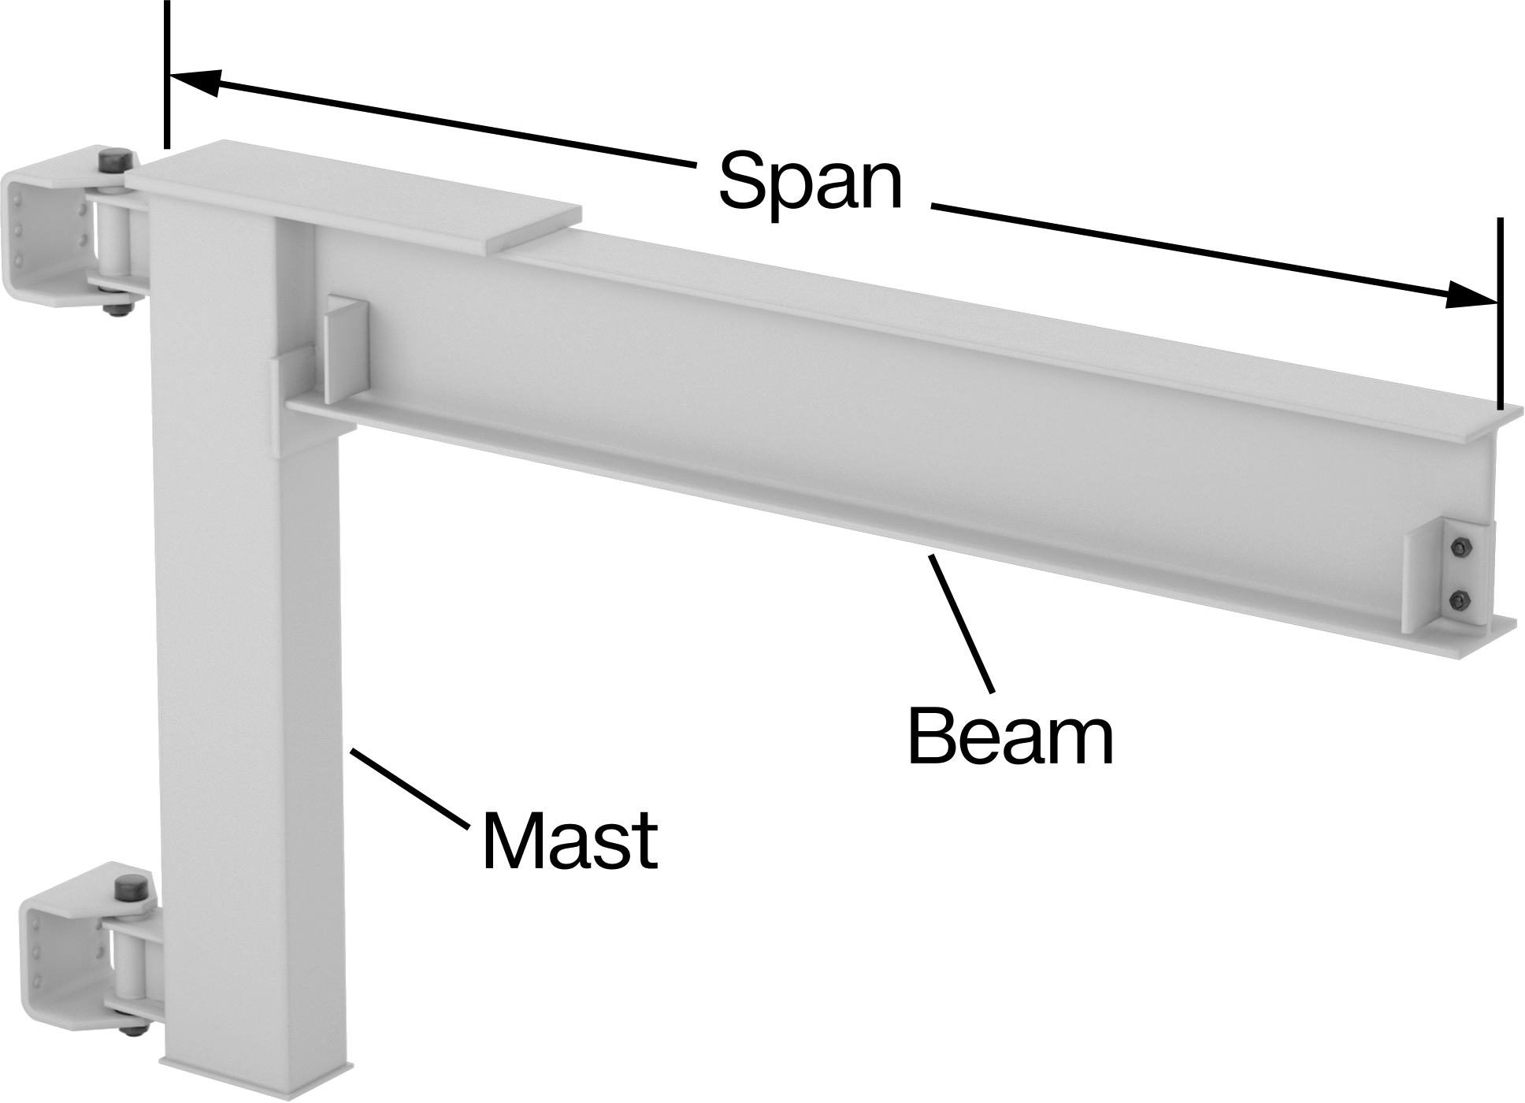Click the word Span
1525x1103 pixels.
pyautogui.click(x=811, y=183)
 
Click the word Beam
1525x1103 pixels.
pyautogui.click(x=1011, y=736)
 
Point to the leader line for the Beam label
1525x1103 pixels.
pyautogui.click(x=962, y=623)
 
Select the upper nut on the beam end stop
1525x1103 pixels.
pyautogui.click(x=1460, y=548)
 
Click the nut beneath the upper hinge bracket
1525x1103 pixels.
pyautogui.click(x=118, y=308)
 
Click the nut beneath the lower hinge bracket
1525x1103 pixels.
pyautogui.click(x=132, y=1028)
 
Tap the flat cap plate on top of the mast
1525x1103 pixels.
pyautogui.click(x=353, y=196)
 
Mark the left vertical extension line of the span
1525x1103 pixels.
pyautogui.click(x=166, y=75)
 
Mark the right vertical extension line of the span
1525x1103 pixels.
pyautogui.click(x=1501, y=313)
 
